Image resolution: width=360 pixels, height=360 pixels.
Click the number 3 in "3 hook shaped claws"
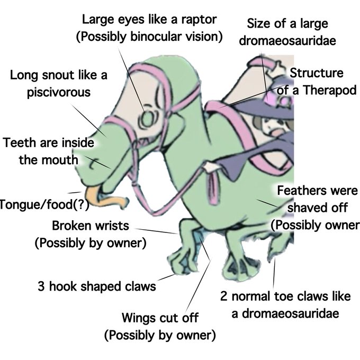pyautogui.click(x=41, y=287)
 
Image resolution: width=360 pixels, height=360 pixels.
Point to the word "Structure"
pyautogui.click(x=316, y=73)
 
